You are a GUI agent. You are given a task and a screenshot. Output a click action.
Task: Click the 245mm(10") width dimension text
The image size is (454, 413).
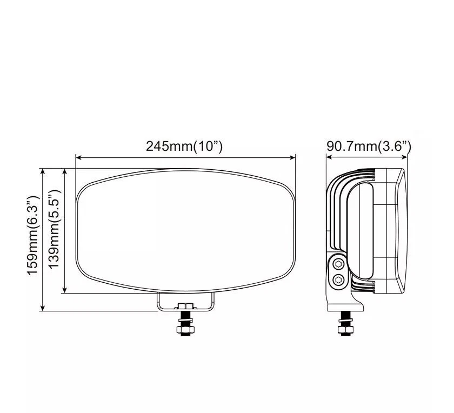(184, 146)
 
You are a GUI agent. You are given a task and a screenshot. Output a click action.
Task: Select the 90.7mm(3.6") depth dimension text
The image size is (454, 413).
(369, 146)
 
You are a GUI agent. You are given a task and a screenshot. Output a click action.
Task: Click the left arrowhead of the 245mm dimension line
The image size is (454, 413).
(78, 158)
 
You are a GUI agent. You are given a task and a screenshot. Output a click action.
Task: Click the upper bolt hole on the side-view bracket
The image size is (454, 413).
(338, 264)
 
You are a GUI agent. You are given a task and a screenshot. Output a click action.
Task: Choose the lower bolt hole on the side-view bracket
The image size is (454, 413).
(338, 279)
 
